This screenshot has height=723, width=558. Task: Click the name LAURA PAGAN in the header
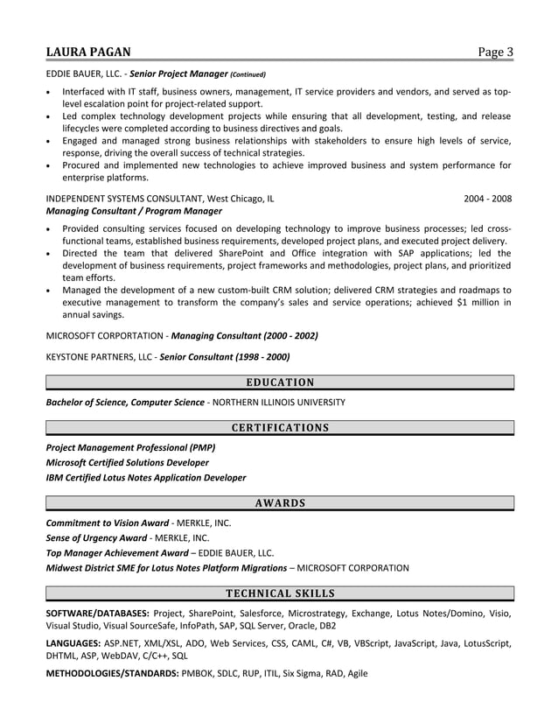pos(90,53)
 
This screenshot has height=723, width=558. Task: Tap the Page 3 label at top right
pos(495,53)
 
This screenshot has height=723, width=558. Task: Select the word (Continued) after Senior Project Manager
pos(248,74)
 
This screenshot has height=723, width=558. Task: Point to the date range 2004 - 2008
pos(488,198)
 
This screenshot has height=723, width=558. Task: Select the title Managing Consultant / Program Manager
pos(134,211)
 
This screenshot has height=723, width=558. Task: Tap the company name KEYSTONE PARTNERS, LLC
pos(96,356)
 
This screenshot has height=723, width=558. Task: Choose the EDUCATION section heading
pos(279,382)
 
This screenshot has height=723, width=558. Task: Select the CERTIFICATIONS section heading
pos(279,428)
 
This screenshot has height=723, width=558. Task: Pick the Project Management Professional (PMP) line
pos(130,447)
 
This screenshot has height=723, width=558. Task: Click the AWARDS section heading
pos(279,502)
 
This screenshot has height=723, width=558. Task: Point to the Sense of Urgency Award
pos(96,537)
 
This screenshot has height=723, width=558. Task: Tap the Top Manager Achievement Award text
pos(116,552)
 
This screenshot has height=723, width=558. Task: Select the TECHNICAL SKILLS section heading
pos(279,593)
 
